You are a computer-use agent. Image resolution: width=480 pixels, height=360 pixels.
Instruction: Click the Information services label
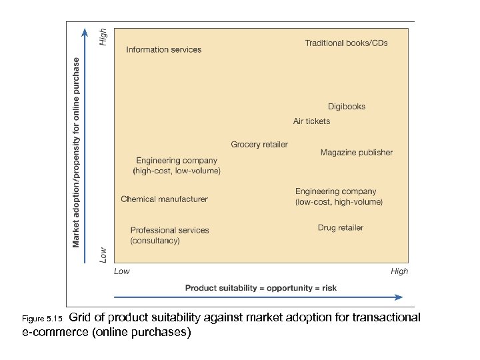click(163, 49)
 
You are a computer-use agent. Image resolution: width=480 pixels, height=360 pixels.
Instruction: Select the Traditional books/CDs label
click(346, 43)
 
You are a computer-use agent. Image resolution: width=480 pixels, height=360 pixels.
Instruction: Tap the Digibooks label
click(347, 107)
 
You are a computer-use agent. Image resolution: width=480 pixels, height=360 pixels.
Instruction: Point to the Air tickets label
click(311, 121)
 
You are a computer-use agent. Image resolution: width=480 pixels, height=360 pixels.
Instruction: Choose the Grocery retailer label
click(259, 145)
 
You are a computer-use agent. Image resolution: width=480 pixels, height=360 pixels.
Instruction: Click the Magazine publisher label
click(357, 153)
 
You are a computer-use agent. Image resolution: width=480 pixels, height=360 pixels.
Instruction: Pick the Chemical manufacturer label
click(164, 199)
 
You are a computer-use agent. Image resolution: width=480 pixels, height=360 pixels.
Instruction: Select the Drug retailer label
click(341, 228)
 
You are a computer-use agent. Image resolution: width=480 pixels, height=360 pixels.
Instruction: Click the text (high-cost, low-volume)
click(177, 171)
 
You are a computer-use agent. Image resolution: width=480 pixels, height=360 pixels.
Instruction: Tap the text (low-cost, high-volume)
click(339, 202)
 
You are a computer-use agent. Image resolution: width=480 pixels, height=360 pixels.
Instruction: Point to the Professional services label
click(169, 230)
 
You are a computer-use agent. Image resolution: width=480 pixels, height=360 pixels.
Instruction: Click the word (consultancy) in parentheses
click(155, 241)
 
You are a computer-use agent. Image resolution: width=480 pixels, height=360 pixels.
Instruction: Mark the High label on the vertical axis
click(103, 37)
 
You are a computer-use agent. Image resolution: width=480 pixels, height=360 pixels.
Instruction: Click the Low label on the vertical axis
click(103, 254)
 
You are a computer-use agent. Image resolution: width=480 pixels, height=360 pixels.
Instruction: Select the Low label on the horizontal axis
click(122, 271)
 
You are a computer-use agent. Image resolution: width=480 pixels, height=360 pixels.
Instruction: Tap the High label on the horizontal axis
click(399, 271)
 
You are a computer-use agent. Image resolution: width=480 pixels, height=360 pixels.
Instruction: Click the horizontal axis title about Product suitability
click(261, 288)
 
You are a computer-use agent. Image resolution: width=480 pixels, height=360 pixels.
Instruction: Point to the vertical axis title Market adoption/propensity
click(77, 152)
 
